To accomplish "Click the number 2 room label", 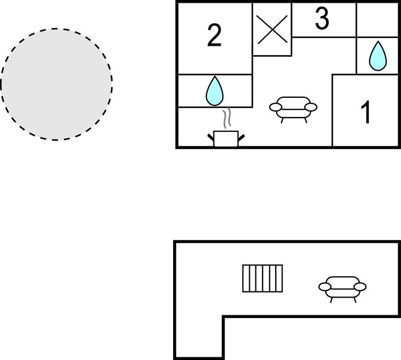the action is coord(215,35).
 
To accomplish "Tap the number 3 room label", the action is coord(322,18).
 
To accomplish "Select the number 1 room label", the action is coord(366,112).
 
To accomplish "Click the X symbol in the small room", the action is coord(272,29).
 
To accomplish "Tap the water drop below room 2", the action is coord(215,91).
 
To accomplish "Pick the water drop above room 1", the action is coord(378,56).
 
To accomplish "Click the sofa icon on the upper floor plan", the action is coord(293,109).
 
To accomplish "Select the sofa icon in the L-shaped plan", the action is coord(342,289).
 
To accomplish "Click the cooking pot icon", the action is coord(226,139).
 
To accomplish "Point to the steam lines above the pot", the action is coord(227,118).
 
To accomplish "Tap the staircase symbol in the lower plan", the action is coord(263,278).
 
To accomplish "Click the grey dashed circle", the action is coord(56,84).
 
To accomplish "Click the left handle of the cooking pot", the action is coord(211,137).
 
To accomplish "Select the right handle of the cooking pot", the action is coord(241,137).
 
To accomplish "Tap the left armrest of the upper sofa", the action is coord(275,107).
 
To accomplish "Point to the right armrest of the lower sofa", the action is coord(360,287).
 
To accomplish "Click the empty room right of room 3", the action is coord(377,20).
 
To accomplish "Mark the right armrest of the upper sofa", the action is coord(311,107).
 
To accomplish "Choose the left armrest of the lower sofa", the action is coord(324,287).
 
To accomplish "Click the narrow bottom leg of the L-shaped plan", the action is coord(199,337).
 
